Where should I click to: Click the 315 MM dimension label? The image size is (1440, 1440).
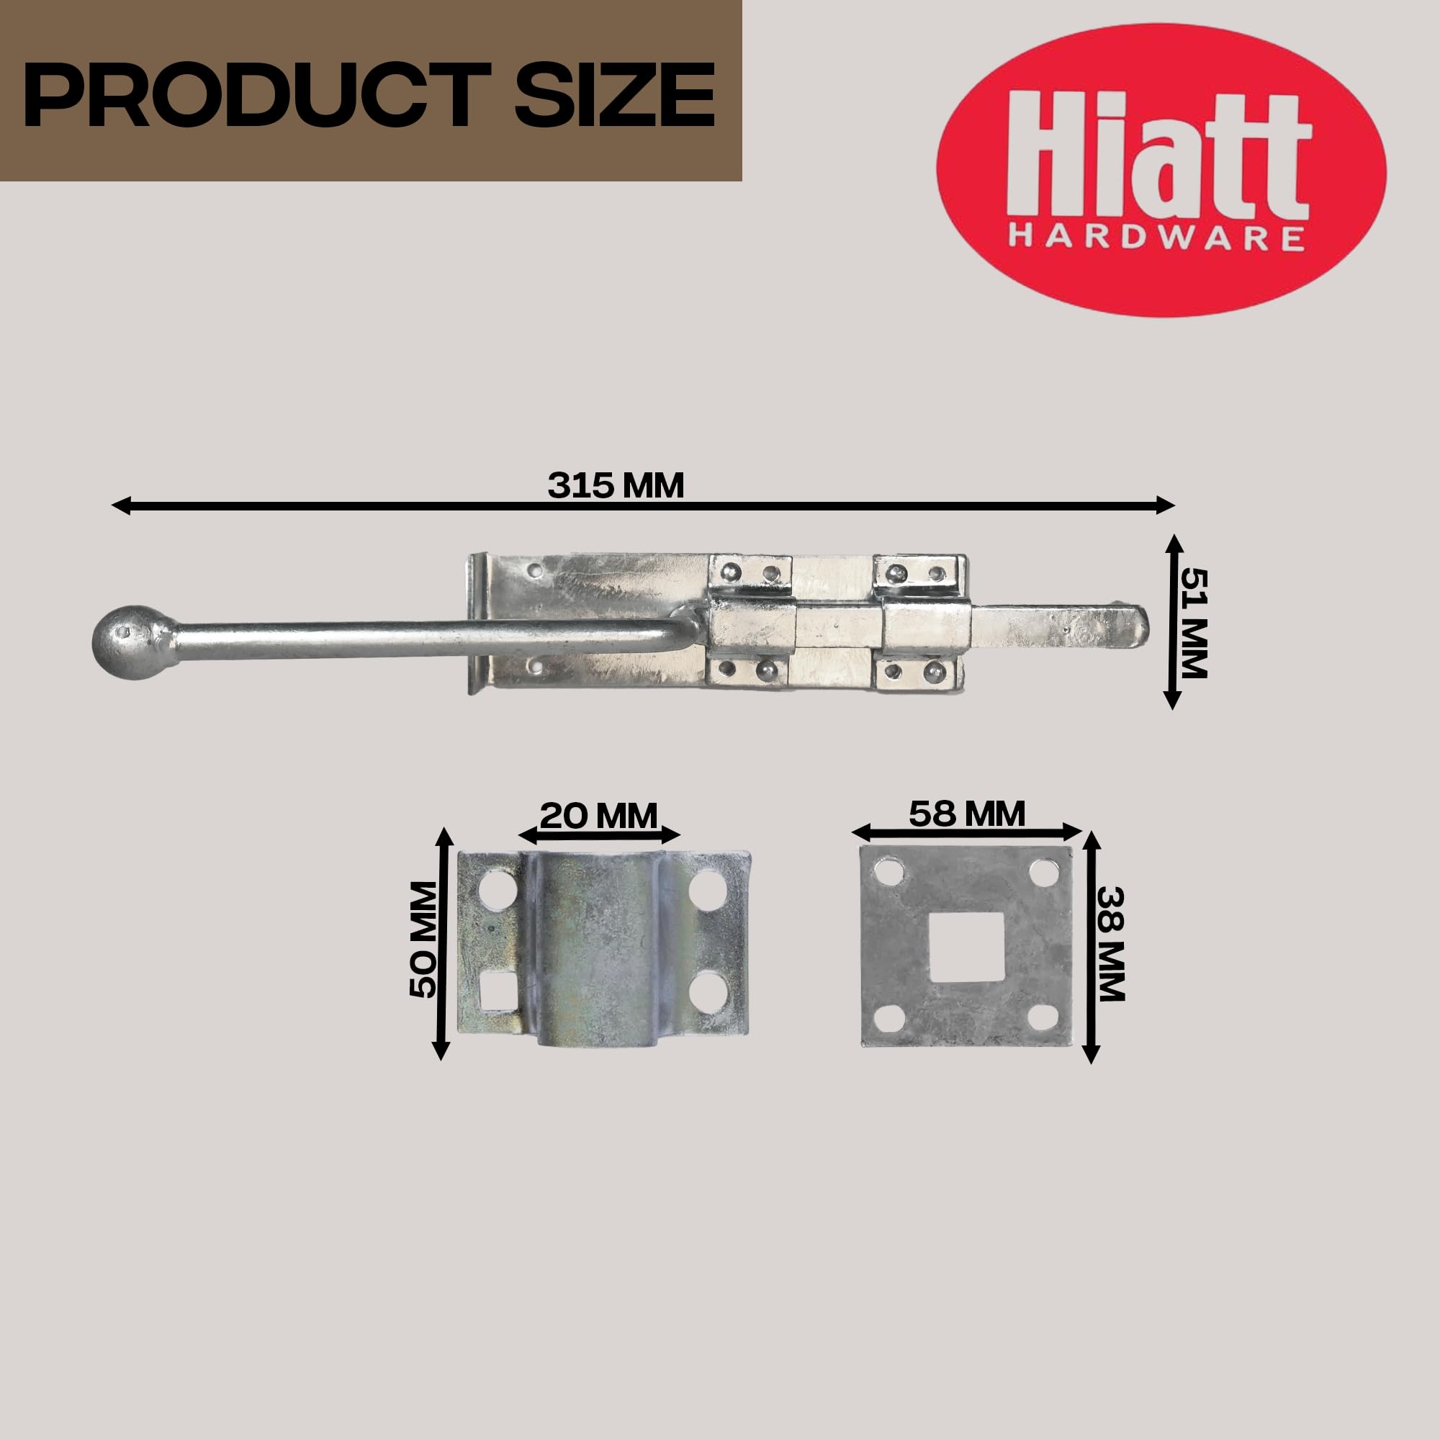tap(616, 485)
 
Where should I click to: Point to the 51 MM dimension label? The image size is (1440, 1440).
tap(1192, 623)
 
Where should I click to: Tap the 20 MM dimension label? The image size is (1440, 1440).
tap(598, 816)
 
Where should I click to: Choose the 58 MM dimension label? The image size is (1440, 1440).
tap(967, 813)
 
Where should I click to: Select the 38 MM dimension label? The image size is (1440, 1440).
tap(1110, 944)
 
